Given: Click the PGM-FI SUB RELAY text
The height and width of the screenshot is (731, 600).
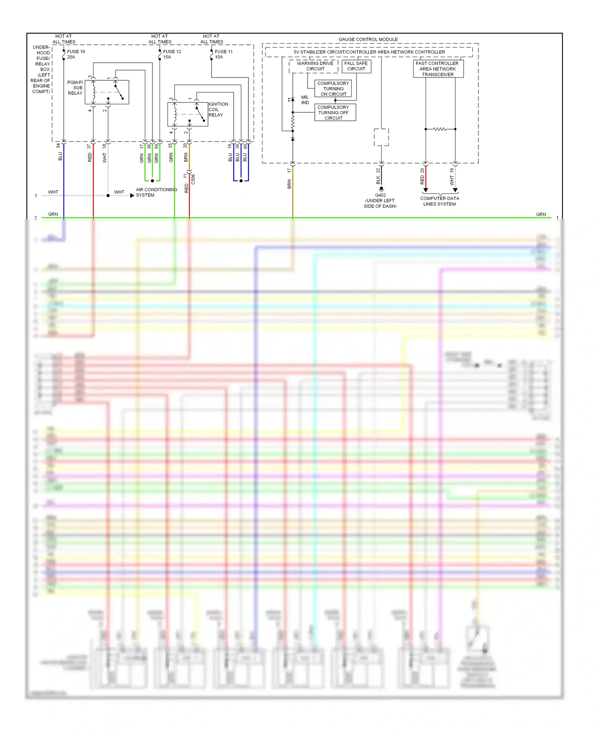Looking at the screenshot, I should click(x=75, y=88).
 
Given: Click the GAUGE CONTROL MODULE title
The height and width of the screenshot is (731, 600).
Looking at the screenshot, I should click(x=368, y=39).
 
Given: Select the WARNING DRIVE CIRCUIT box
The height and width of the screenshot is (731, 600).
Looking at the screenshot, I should click(x=315, y=66).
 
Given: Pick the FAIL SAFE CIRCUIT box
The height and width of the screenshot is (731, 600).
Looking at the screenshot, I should click(x=356, y=66).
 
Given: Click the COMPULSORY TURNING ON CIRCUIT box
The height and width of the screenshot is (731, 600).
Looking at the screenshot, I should click(x=333, y=88).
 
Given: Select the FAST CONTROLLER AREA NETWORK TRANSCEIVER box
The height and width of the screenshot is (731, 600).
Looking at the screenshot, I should click(x=438, y=69).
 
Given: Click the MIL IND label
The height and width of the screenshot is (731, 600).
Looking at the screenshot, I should click(x=305, y=100).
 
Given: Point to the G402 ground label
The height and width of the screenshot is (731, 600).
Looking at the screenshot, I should click(x=380, y=195).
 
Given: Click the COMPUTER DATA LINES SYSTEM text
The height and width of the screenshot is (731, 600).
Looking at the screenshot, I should click(x=439, y=201).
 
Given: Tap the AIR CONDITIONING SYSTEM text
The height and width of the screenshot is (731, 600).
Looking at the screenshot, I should click(x=156, y=192).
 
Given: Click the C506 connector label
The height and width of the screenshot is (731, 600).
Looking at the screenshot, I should click(x=193, y=179).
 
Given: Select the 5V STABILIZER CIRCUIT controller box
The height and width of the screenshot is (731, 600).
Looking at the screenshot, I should click(x=369, y=52).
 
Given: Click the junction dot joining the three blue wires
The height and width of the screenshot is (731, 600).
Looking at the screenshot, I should click(x=241, y=181).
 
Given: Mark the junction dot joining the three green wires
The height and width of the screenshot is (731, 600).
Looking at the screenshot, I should click(x=152, y=181).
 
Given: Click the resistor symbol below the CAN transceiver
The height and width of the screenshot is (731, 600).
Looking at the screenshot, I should click(x=440, y=129).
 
